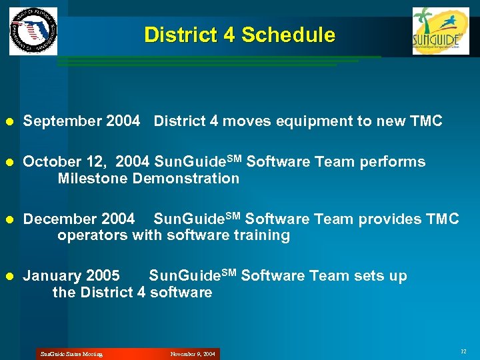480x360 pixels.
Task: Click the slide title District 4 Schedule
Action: pos(239,35)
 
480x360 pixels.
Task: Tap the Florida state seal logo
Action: pos(33,31)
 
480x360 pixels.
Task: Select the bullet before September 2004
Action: pos(9,121)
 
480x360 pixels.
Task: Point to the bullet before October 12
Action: pos(9,162)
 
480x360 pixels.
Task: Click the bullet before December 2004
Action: pos(9,219)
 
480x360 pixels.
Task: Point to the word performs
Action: pos(393,162)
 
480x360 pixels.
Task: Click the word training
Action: pos(261,236)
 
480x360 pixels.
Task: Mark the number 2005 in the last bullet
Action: pos(103,276)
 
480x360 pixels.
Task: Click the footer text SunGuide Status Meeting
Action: pos(71,354)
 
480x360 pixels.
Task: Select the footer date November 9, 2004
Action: pos(193,354)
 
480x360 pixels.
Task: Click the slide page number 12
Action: pos(463,351)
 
